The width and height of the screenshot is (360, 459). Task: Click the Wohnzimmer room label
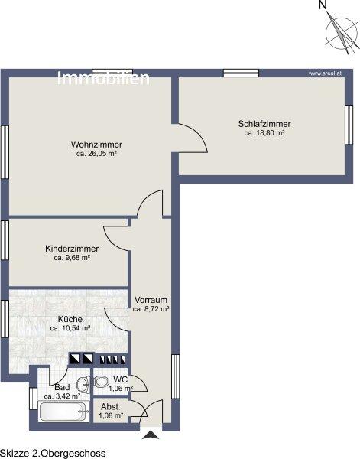coord(96,145)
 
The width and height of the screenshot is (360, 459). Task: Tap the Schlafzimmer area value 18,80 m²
coord(264,133)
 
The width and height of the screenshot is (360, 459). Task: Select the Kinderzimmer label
coord(72,249)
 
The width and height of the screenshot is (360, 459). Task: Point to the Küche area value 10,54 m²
coord(70,328)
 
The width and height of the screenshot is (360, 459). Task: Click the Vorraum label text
coord(151,300)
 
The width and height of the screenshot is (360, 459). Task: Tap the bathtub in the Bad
coord(63,412)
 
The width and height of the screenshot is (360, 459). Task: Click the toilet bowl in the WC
coord(101,382)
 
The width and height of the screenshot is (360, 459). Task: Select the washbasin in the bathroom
coord(83,384)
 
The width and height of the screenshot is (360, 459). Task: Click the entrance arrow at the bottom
coord(151,435)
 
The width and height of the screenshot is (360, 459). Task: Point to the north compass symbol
coord(342,33)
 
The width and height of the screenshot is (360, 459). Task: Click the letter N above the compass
coord(323,5)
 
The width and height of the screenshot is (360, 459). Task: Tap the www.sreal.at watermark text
coord(325,73)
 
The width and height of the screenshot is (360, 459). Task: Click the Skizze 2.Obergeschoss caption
coord(53,454)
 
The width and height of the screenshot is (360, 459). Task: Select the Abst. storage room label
coord(111,407)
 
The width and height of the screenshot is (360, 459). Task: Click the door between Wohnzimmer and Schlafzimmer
coord(193,138)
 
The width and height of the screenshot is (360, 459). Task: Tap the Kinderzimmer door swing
coord(115,239)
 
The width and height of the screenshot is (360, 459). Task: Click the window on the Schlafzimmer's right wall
coord(349,125)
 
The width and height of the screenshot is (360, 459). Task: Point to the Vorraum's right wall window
coord(175,376)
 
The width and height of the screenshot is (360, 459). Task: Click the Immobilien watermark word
coord(103,78)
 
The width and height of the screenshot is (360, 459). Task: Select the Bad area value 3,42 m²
coord(62,396)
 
